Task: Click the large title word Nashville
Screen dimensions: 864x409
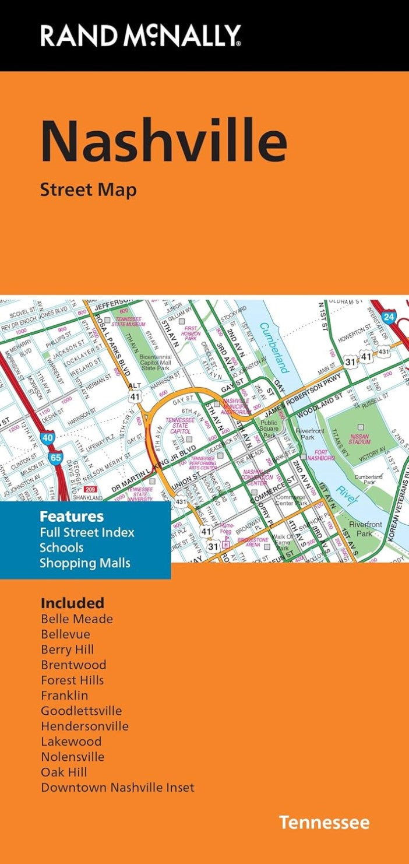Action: [164, 143]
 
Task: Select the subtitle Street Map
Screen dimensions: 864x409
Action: [88, 189]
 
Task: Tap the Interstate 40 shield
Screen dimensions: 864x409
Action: [48, 437]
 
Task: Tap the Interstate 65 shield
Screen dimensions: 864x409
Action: [55, 458]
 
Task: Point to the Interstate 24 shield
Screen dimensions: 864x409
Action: [389, 317]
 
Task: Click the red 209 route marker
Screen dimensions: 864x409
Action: [90, 489]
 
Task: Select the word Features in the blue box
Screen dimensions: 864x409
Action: [72, 517]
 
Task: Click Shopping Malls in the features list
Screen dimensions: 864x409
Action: [85, 563]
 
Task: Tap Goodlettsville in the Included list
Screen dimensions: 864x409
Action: [81, 711]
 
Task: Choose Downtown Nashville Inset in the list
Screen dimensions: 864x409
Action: [117, 788]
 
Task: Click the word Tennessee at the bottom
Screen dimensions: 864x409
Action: [323, 823]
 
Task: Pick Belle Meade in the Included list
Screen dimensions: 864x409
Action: [77, 619]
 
